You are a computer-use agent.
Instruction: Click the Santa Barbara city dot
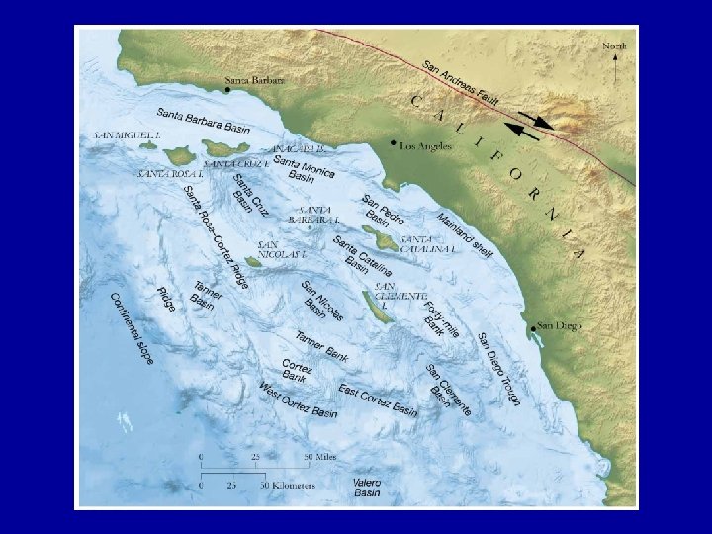[227, 89]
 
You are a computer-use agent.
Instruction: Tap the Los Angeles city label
[425, 145]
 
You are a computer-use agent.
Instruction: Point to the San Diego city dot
[534, 327]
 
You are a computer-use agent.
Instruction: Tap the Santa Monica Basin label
[304, 169]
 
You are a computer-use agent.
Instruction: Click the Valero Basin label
[367, 487]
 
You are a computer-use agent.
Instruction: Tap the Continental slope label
[133, 327]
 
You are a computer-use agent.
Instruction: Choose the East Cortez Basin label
[378, 400]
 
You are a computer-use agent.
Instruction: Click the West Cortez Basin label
[298, 400]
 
